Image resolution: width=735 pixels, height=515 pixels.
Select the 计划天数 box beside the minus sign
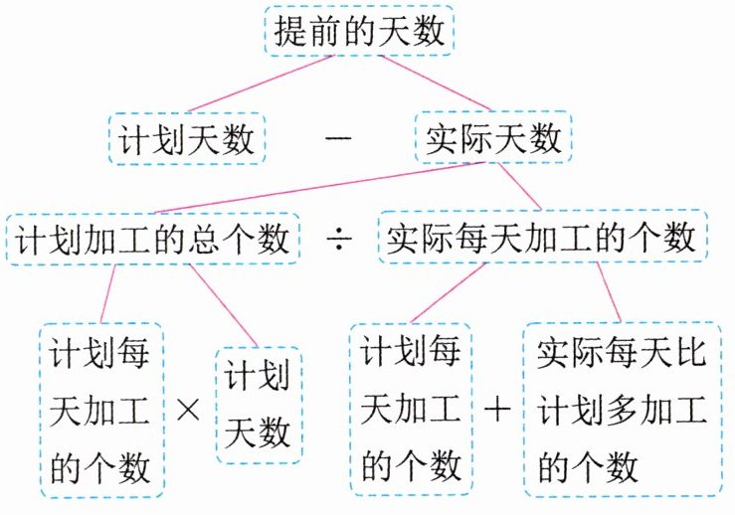[185, 139]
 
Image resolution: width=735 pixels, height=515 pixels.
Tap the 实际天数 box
[492, 139]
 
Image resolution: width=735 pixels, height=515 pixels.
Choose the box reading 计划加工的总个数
[153, 239]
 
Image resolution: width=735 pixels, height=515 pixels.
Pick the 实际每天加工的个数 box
[542, 239]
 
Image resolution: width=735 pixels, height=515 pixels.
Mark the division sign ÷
[336, 240]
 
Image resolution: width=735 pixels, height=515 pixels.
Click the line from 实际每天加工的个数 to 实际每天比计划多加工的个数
[610, 293]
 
